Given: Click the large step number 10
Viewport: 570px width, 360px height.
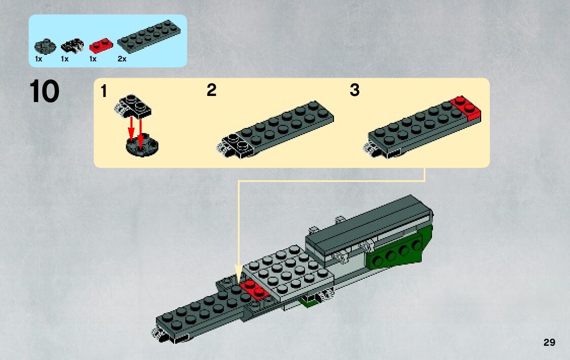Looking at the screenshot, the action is [45, 92].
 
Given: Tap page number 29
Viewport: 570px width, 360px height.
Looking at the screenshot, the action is [549, 343].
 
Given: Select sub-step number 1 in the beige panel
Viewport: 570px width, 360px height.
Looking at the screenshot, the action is [104, 92].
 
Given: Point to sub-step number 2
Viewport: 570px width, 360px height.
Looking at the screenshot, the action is [211, 91].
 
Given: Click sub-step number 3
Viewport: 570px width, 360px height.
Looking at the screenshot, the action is [354, 91].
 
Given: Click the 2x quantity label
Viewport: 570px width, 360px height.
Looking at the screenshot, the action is [122, 59].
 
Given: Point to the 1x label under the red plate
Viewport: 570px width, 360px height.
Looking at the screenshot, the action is [92, 59].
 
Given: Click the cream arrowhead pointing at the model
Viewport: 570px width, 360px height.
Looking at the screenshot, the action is [238, 273].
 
